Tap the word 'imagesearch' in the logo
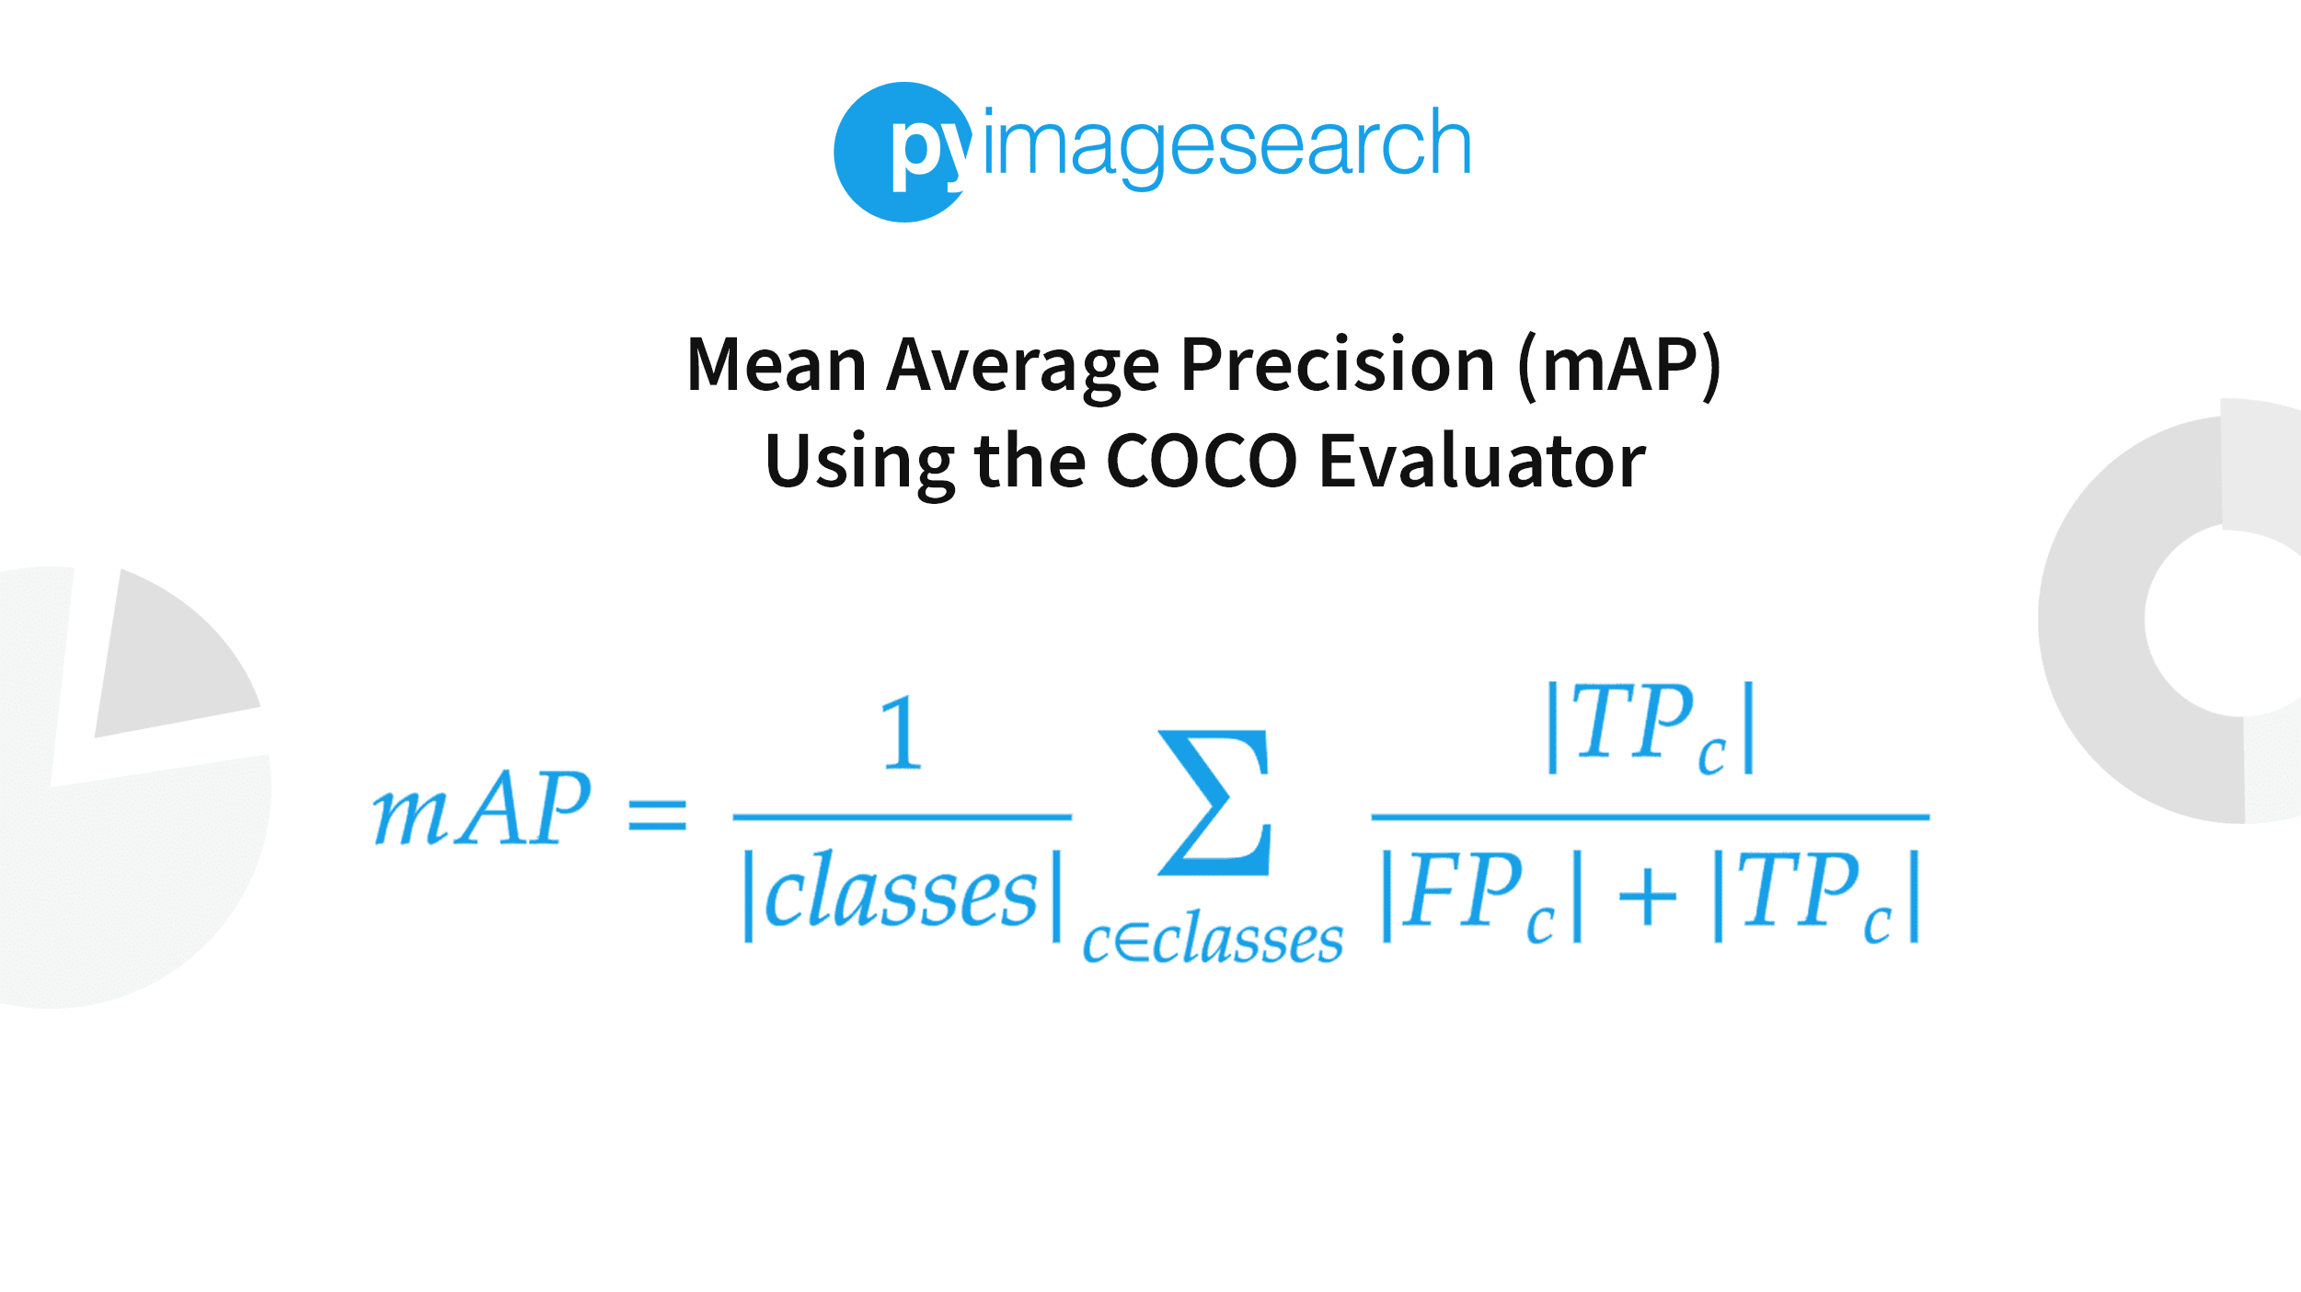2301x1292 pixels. [1226, 145]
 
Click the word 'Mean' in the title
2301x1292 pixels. [776, 365]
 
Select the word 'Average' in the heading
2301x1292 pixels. [1022, 367]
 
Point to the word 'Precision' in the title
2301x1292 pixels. [1338, 365]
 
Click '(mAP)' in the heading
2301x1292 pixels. [1620, 367]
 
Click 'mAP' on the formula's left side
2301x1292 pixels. [480, 810]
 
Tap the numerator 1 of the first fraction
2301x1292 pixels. [901, 734]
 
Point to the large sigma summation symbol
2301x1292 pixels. [1214, 803]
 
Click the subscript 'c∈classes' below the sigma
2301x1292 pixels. [1212, 941]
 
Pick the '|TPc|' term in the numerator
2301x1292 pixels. [1651, 728]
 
